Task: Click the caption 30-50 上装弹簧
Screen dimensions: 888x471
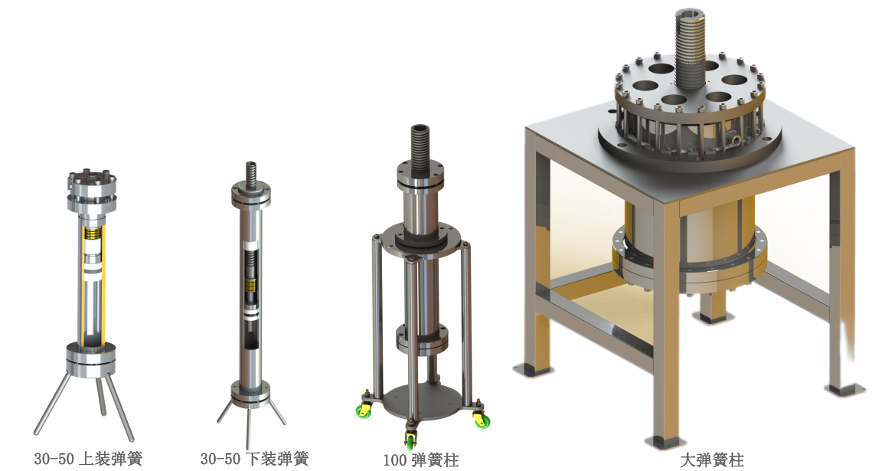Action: [x=88, y=458]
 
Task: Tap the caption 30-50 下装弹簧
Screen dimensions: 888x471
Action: [x=254, y=458]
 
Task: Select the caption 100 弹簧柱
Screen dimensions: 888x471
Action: [x=421, y=459]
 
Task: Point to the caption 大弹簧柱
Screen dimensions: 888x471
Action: [x=711, y=459]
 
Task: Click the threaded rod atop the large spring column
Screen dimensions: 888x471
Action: [x=689, y=48]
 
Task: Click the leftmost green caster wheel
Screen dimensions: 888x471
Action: [x=362, y=411]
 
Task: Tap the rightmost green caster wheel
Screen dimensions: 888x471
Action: [x=482, y=421]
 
